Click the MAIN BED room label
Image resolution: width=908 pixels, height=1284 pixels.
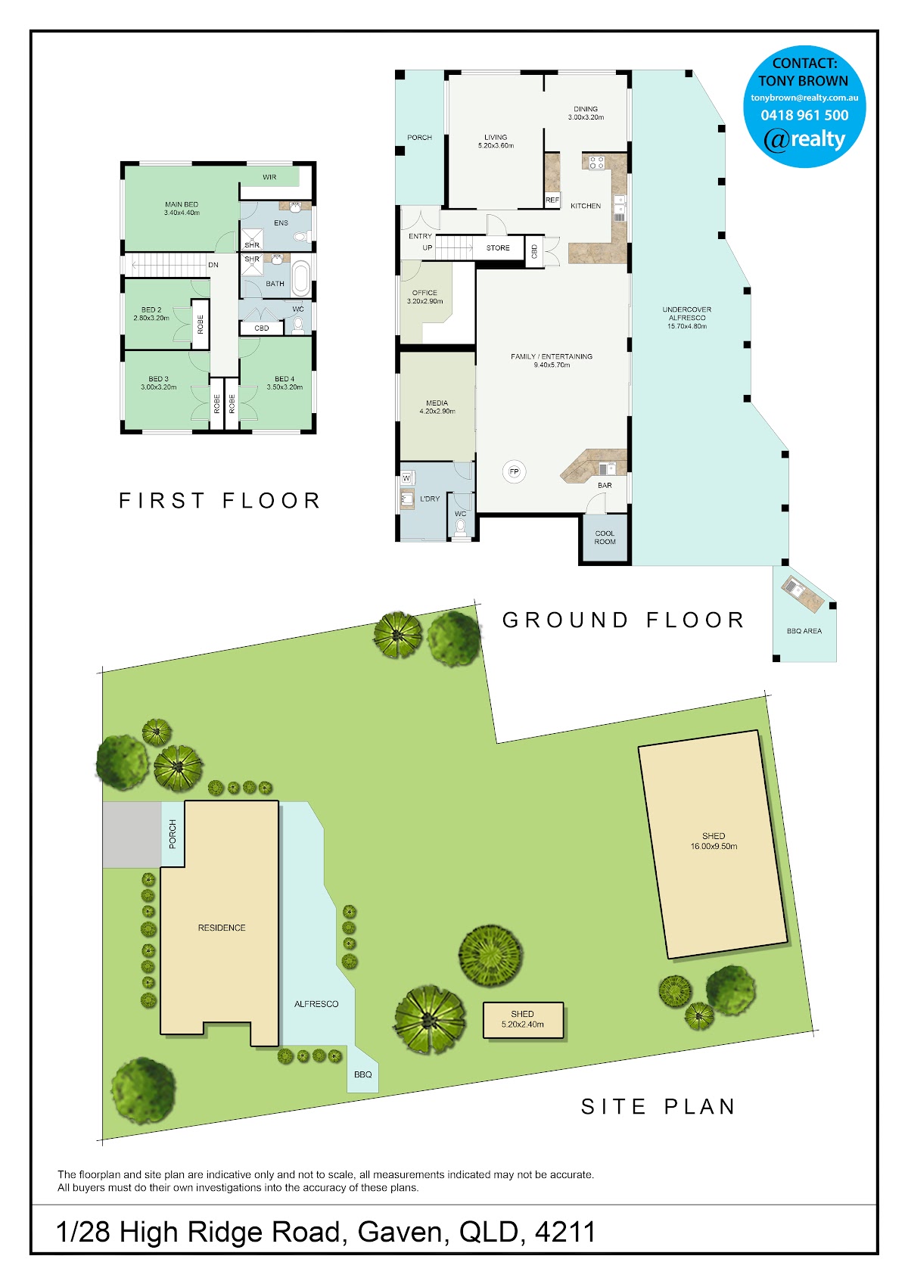click(x=182, y=204)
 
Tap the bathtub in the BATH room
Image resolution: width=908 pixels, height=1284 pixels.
click(x=301, y=278)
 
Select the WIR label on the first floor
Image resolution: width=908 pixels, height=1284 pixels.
click(x=269, y=177)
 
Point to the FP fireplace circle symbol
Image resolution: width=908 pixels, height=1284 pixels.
click(x=515, y=471)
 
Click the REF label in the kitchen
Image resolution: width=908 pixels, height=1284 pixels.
click(x=552, y=200)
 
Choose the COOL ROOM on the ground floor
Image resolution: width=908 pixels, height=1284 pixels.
click(x=605, y=538)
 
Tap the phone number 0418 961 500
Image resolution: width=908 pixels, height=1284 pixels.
click(x=804, y=115)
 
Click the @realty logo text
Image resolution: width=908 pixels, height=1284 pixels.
click(x=804, y=139)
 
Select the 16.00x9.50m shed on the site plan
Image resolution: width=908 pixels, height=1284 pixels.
click(x=713, y=844)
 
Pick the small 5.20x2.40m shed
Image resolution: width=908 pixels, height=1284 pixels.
click(x=523, y=1020)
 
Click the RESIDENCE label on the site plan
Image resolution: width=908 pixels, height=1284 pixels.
click(x=222, y=928)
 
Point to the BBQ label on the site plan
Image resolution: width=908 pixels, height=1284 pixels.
click(x=363, y=1074)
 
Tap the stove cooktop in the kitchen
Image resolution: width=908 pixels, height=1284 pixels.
click(x=597, y=162)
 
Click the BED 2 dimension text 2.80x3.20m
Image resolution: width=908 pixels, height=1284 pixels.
click(x=151, y=318)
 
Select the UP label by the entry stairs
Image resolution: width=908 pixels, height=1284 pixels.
click(x=427, y=247)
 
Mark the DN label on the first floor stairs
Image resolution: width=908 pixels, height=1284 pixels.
click(x=213, y=265)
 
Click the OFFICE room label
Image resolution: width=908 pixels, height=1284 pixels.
click(x=424, y=292)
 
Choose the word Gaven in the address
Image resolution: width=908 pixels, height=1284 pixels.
click(x=400, y=1232)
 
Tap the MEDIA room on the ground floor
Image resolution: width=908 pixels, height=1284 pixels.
click(x=437, y=406)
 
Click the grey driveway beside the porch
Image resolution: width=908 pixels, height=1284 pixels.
click(x=132, y=834)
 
